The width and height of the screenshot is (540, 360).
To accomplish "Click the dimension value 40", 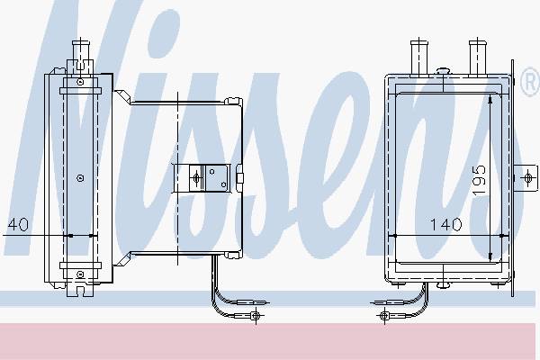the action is tap(18, 224).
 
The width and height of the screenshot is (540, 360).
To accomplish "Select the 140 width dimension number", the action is tap(446, 225).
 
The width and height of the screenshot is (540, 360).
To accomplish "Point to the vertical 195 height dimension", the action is tap(479, 181).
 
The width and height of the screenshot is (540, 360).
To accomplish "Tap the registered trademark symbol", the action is tap(530, 82).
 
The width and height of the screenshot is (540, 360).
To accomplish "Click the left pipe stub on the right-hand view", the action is tap(419, 58).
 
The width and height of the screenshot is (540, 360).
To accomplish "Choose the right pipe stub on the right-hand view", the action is tap(477, 58).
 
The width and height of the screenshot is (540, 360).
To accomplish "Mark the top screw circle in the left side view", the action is tap(80, 82).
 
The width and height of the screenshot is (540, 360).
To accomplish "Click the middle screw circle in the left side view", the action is tap(80, 178).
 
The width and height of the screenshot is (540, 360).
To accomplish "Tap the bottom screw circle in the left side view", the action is tap(80, 274).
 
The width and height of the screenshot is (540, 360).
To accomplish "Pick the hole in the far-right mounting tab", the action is tap(527, 178).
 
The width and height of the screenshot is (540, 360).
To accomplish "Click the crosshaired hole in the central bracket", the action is tap(197, 178).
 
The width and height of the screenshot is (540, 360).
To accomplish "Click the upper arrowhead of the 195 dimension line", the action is tap(490, 100).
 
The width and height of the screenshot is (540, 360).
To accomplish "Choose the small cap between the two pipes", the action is tap(443, 71).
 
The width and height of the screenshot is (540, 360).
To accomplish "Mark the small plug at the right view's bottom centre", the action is tap(443, 285).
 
